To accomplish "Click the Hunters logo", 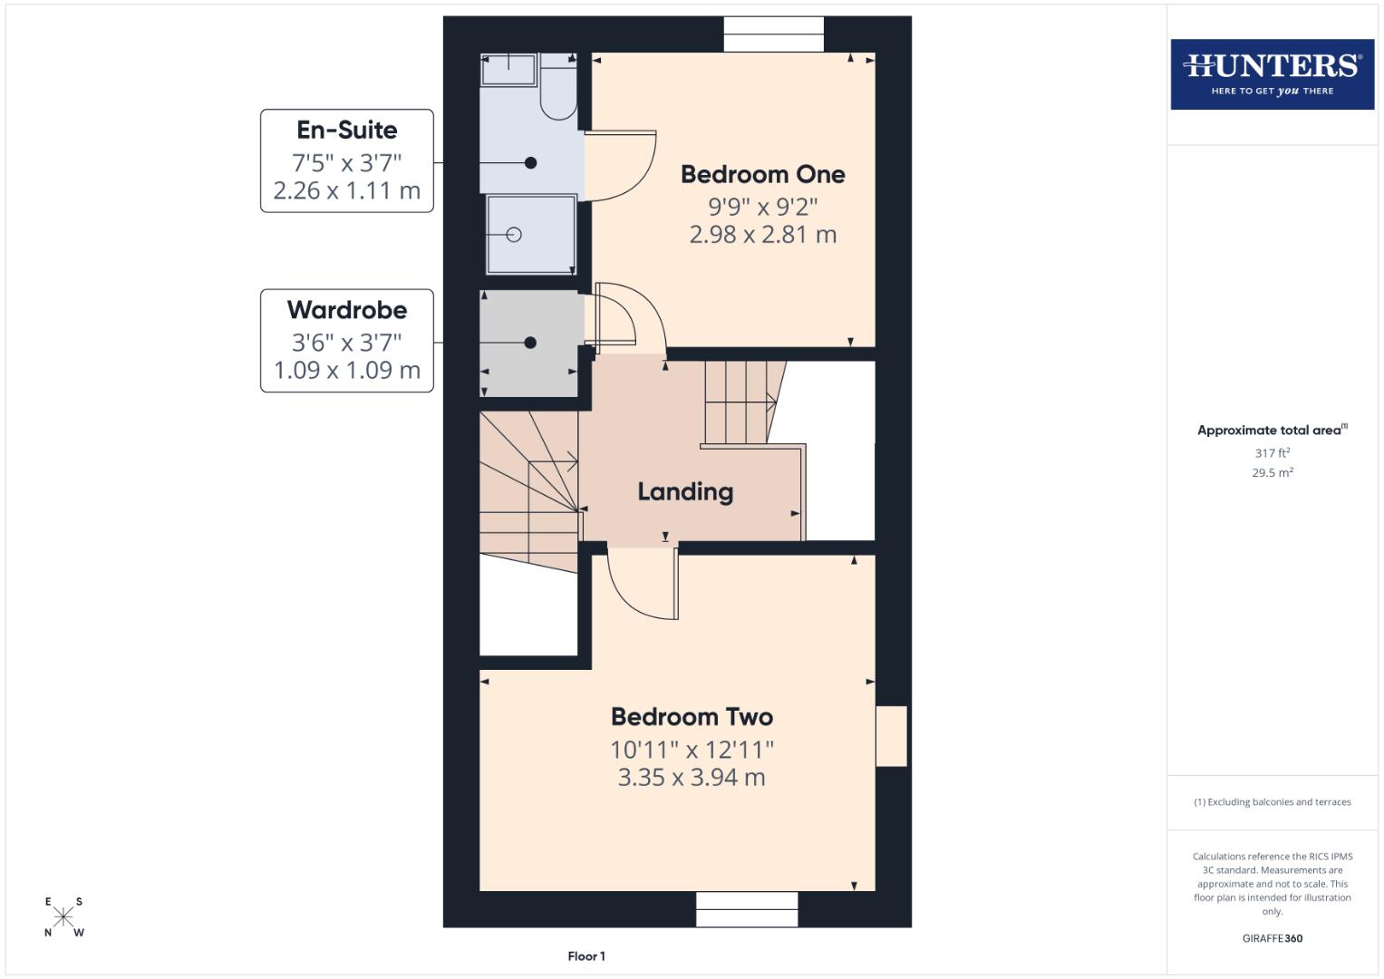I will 1272,73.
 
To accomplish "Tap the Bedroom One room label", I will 762,174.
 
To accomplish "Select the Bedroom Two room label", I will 692,717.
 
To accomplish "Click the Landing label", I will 685,491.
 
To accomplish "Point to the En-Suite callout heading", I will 346,130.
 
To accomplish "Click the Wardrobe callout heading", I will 346,310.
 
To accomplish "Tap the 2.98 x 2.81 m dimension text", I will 762,235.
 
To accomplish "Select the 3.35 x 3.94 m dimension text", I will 692,778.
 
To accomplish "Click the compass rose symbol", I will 63,916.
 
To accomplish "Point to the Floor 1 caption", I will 586,956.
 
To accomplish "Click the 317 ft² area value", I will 1272,452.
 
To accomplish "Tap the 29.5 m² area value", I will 1272,472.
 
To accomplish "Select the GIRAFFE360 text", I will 1272,938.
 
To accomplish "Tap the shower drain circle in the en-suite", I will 514,235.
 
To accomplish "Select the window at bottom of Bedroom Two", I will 747,909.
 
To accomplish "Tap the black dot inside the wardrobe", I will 530,343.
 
